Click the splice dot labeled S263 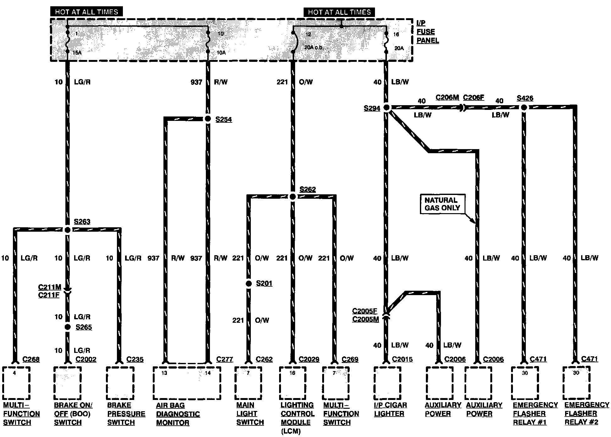click(68, 230)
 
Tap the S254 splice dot click(208, 119)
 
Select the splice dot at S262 click(293, 197)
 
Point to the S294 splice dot click(387, 108)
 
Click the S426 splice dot click(524, 108)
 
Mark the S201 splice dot click(249, 284)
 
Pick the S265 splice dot click(68, 327)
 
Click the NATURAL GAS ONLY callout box click(442, 204)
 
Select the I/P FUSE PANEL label click(427, 32)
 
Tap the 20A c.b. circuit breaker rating click(313, 48)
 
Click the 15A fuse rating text click(77, 53)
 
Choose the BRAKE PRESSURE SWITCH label click(126, 414)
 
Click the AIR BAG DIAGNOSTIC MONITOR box click(186, 383)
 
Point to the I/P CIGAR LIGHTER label click(390, 409)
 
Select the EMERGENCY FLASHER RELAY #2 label click(586, 414)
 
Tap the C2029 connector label click(309, 359)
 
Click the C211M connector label click(50, 287)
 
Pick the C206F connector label click(473, 97)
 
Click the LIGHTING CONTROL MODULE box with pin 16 click(293, 383)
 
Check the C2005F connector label click(365, 311)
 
